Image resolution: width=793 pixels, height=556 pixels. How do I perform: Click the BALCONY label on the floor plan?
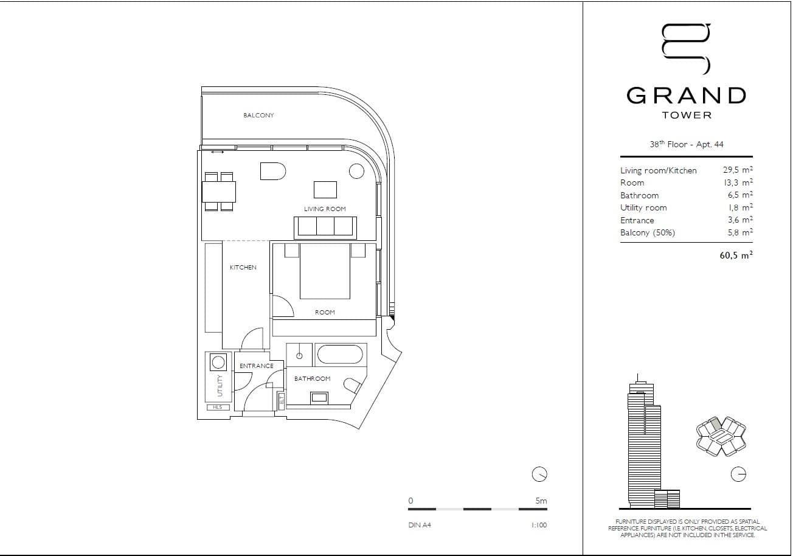pos(258,116)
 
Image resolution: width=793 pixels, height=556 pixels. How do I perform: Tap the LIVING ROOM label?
pos(325,209)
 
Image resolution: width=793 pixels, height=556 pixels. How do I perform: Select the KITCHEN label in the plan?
pos(243,268)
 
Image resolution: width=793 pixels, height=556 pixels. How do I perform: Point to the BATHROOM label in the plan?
pos(312,378)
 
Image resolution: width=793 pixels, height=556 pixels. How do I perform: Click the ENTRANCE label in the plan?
pos(256,366)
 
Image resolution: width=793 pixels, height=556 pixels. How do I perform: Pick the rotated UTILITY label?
pos(221,385)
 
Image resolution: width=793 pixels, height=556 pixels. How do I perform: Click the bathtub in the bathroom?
pos(340,355)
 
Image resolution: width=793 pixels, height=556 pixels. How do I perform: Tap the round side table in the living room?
pos(356,172)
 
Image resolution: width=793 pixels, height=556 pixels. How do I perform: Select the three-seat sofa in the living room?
pos(326,226)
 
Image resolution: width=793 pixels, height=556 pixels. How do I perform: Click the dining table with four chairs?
pos(219,192)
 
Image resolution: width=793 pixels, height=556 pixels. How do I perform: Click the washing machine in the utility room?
pos(218,363)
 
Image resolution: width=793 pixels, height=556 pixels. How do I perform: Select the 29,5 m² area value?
pos(737,170)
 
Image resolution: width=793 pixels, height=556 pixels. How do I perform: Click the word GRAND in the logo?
pos(687,96)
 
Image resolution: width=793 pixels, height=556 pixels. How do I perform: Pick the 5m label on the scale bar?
pos(541,501)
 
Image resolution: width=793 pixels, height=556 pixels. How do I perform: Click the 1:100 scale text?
pos(538,525)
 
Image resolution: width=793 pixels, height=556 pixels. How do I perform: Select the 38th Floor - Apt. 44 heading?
pos(686,145)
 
